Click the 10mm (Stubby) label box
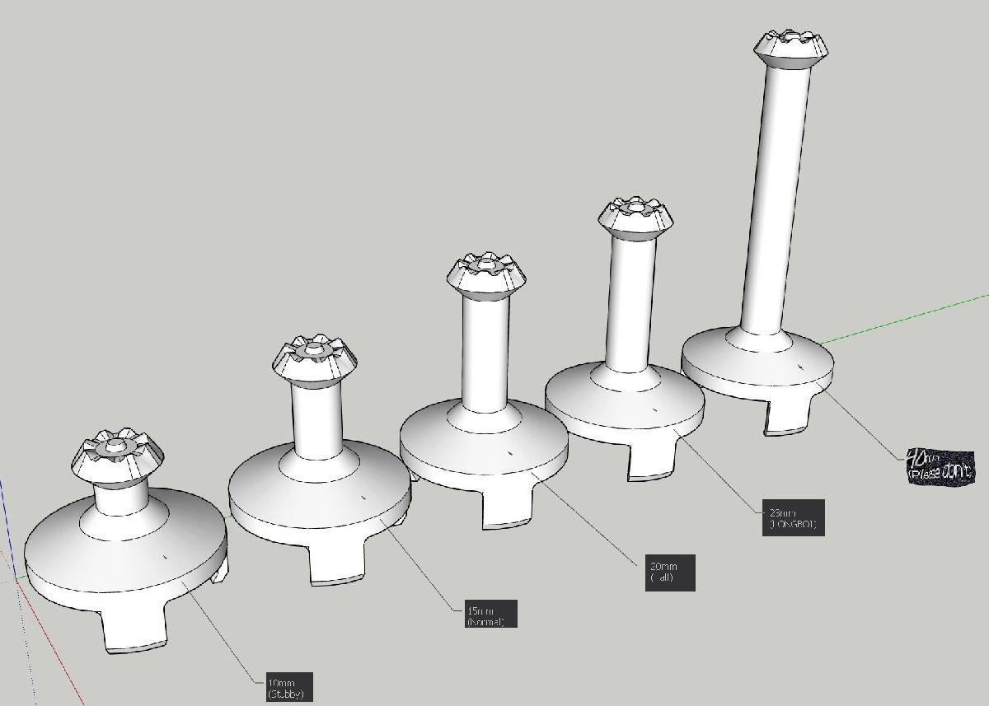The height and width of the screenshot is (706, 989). point(288,687)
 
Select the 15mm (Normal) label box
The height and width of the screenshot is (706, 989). point(491,614)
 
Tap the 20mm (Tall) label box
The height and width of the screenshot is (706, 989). point(670,572)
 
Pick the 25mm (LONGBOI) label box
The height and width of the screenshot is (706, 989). point(793,517)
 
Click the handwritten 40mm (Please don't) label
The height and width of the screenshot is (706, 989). point(940,467)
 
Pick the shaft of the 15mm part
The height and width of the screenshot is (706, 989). point(316,420)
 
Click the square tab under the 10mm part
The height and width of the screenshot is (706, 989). point(134,630)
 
